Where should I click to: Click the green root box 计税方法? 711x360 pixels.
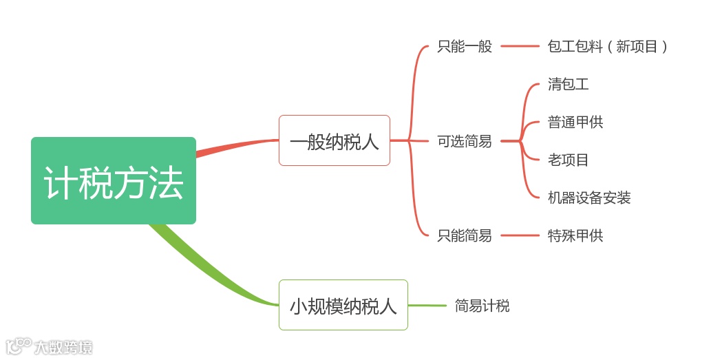pyautogui.click(x=114, y=181)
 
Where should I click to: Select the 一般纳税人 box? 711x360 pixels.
pyautogui.click(x=334, y=140)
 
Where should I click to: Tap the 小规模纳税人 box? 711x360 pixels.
pyautogui.click(x=343, y=305)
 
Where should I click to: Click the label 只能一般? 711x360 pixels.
pyautogui.click(x=465, y=47)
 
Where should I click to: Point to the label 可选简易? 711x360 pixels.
pyautogui.click(x=465, y=141)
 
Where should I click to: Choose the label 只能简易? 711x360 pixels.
pyautogui.click(x=465, y=235)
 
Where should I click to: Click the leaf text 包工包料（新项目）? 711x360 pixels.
pyautogui.click(x=608, y=47)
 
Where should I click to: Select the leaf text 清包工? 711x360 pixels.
pyautogui.click(x=568, y=85)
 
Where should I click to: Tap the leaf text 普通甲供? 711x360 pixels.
pyautogui.click(x=575, y=123)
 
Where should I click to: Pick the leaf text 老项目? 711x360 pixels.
pyautogui.click(x=568, y=160)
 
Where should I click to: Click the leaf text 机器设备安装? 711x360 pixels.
pyautogui.click(x=589, y=198)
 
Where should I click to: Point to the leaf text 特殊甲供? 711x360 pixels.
pyautogui.click(x=575, y=235)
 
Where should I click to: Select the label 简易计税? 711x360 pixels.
pyautogui.click(x=482, y=306)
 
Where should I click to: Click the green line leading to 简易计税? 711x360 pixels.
pyautogui.click(x=427, y=305)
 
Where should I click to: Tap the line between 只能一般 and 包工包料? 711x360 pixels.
pyautogui.click(x=520, y=46)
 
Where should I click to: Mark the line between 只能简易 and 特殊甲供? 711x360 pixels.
pyautogui.click(x=520, y=235)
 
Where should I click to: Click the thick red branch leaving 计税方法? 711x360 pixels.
pyautogui.click(x=234, y=145)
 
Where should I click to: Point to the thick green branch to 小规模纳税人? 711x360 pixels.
pyautogui.click(x=206, y=268)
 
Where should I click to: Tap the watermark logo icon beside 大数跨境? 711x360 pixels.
pyautogui.click(x=19, y=346)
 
